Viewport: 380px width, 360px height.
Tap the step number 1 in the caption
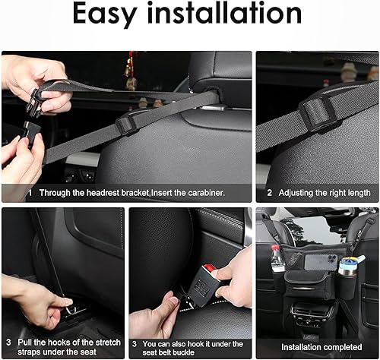pos(30,193)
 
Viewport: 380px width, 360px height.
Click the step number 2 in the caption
pos(269,193)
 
